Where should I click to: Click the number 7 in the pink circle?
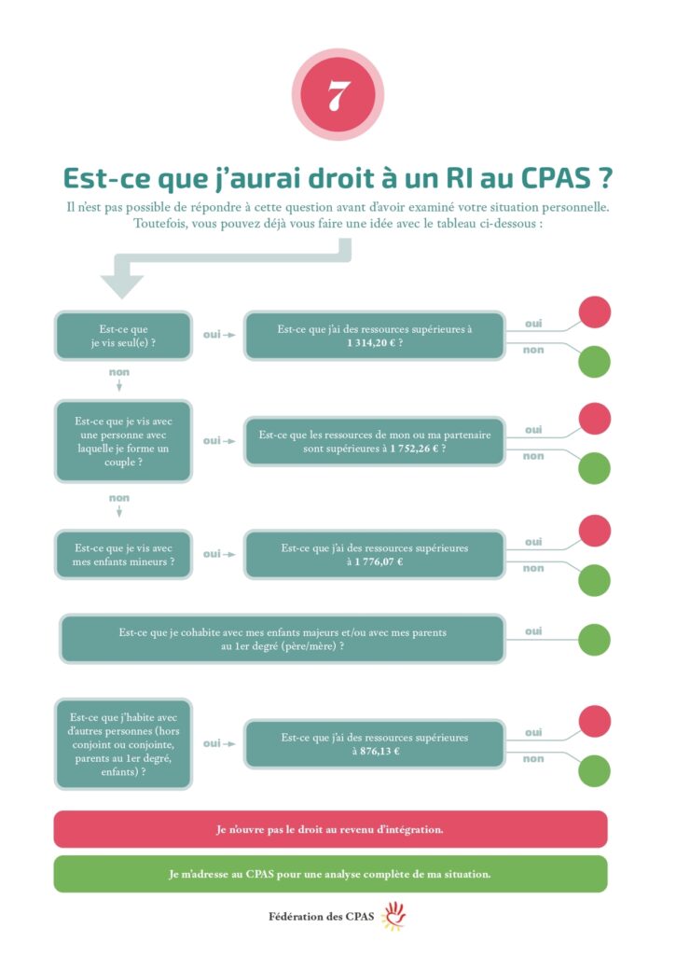pos(338,96)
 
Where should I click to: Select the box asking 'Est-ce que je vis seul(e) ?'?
pos(124,336)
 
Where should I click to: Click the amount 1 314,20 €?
pos(375,342)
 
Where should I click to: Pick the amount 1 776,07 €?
pos(375,561)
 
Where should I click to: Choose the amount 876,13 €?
pos(376,750)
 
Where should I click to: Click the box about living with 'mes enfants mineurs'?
pos(124,554)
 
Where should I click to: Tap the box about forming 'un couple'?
pos(124,441)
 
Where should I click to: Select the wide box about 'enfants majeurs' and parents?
pos(283,639)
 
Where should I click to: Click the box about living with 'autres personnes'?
pos(124,743)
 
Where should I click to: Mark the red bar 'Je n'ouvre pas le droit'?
pos(330,829)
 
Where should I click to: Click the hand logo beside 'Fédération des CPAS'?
pos(394,917)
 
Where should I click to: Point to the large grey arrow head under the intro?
pos(121,285)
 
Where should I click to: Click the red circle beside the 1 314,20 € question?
pos(594,311)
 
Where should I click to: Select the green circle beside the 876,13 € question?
pos(594,771)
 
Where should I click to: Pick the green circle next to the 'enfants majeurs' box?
pos(594,640)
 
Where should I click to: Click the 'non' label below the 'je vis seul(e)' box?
pos(118,371)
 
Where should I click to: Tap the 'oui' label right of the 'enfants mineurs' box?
pos(213,553)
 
